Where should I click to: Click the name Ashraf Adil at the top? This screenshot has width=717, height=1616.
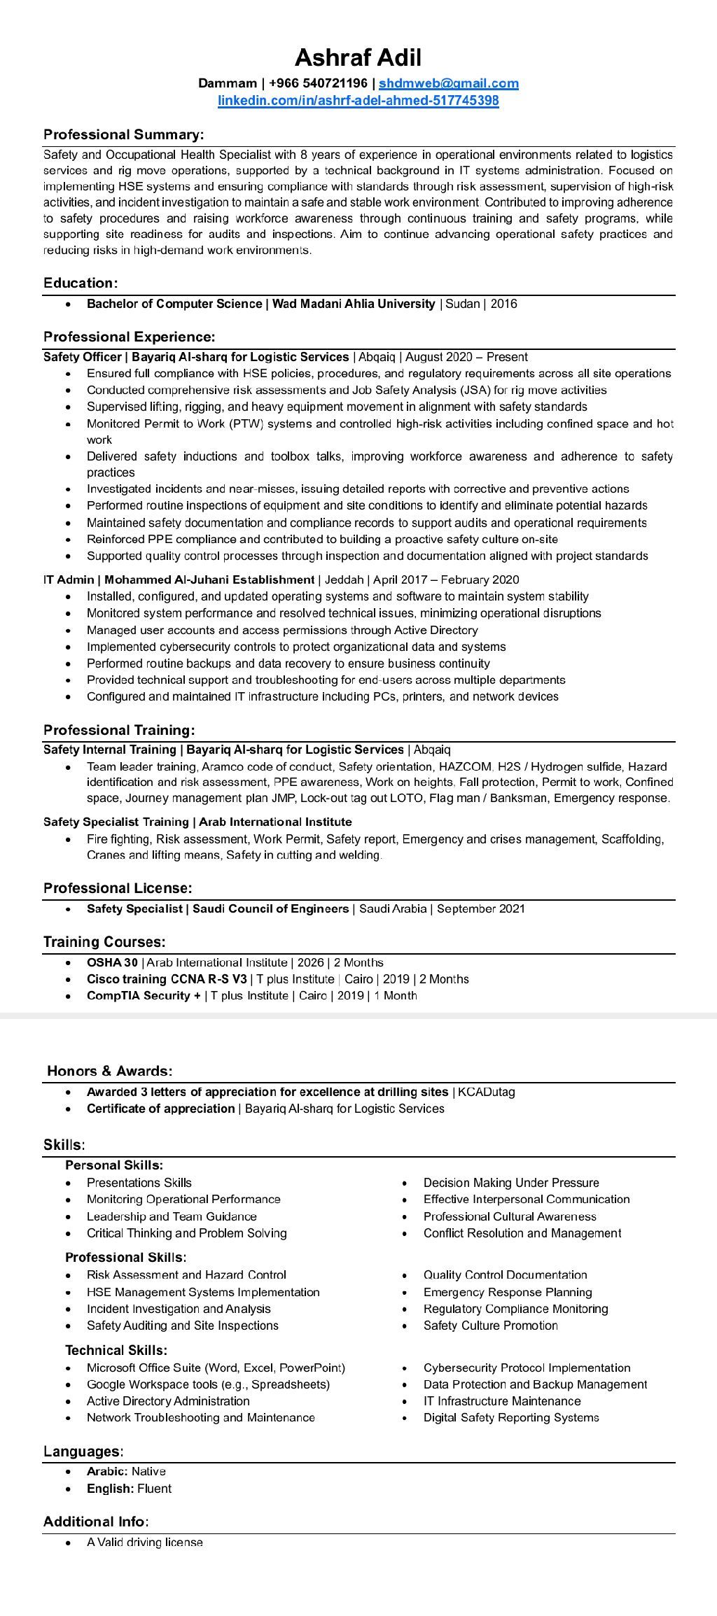[x=358, y=57]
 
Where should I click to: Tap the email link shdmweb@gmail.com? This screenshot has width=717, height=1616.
[x=449, y=84]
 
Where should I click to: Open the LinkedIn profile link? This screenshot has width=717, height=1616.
[x=358, y=101]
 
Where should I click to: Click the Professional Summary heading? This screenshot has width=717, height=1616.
[x=124, y=134]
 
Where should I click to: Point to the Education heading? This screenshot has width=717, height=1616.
[x=81, y=283]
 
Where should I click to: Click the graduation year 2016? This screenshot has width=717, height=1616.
[x=503, y=304]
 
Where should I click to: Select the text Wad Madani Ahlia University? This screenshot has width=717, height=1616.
[x=354, y=304]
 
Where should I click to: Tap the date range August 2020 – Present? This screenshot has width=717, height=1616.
[x=466, y=357]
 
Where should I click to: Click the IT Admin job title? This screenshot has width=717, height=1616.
[x=69, y=579]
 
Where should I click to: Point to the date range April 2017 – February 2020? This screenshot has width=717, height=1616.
[x=446, y=579]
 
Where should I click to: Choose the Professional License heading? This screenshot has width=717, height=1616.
[x=118, y=888]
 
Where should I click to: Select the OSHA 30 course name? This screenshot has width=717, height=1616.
[x=112, y=962]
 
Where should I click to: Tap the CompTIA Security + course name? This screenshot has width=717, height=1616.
[x=144, y=996]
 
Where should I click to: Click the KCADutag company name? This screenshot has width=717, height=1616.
[x=487, y=1092]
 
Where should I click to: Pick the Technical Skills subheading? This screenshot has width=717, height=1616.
[x=116, y=1350]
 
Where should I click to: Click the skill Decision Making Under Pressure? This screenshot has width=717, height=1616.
[x=511, y=1183]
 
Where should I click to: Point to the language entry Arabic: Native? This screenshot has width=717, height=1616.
[x=126, y=1472]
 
